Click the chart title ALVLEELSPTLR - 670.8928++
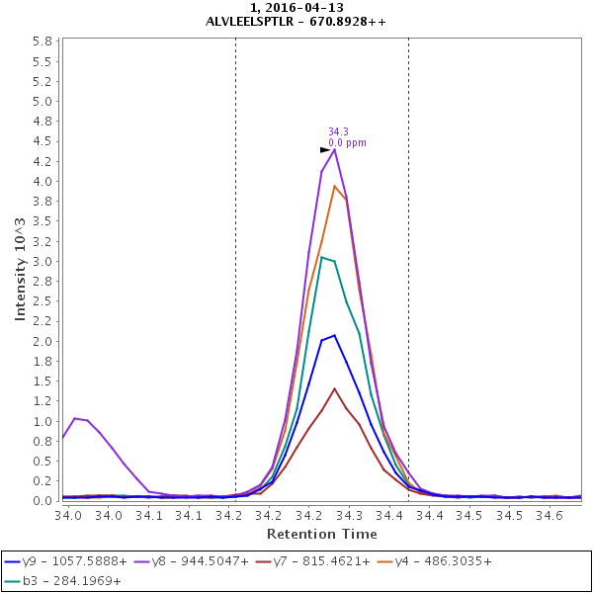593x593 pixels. pos(296,21)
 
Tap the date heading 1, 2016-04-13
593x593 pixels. pos(296,8)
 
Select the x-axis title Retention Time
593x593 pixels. pos(321,534)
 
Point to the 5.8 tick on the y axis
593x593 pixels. pos(42,42)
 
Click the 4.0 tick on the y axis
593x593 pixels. pos(42,182)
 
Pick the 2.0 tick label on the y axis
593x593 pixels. pos(42,342)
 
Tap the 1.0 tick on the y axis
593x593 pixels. pos(42,422)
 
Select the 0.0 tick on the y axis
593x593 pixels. pos(42,501)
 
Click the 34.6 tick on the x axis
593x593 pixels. pos(550,515)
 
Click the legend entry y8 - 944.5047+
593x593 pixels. pos(195,561)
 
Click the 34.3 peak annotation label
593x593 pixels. pos(338,131)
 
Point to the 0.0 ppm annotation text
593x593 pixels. pos(347,143)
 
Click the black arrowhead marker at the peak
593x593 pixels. pos(325,149)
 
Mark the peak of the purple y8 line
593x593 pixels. pos(335,149)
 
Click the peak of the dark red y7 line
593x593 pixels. pos(335,388)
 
